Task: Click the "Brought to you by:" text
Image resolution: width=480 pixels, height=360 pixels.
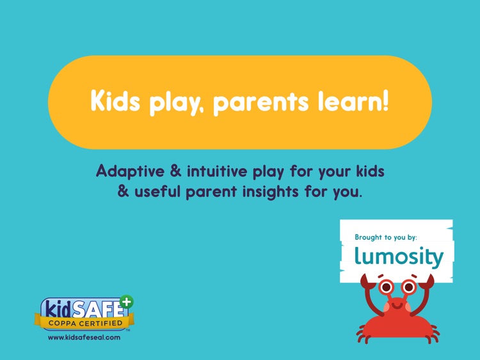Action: (386, 237)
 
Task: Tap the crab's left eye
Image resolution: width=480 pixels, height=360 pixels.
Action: (386, 287)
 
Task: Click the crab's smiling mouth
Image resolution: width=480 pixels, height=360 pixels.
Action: (396, 305)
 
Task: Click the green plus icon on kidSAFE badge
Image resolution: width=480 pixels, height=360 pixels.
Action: (127, 302)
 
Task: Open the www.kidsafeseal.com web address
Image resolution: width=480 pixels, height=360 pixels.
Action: (84, 337)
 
